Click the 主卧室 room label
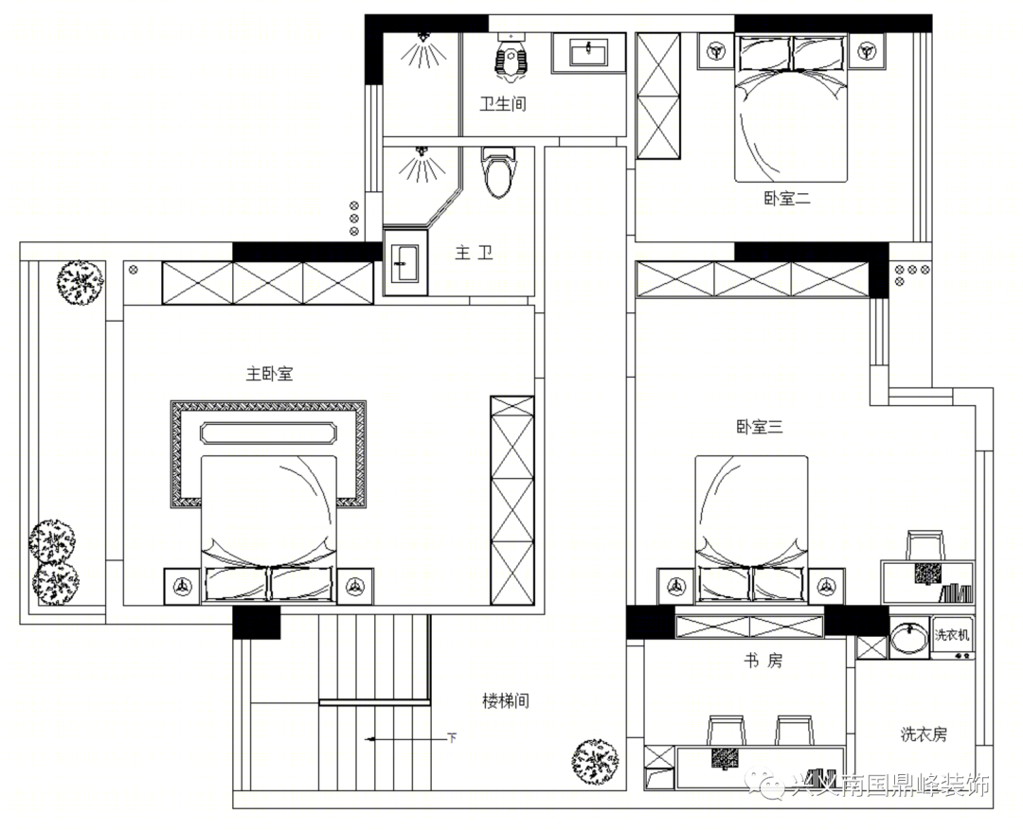pos(270,374)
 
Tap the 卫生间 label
pos(502,104)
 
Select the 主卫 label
pos(474,253)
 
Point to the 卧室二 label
pos(786,199)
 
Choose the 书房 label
pos(761,661)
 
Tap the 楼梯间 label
pos(505,701)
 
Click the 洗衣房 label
pos(924,733)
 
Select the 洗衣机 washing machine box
pos(952,635)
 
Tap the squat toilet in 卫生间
pos(511,56)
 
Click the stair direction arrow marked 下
pos(407,737)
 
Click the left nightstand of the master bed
pos(181,586)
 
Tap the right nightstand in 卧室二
pos(866,50)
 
